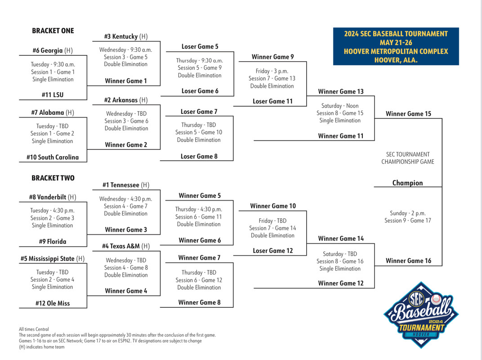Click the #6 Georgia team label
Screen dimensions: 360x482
click(x=53, y=50)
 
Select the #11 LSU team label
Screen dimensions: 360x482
click(x=53, y=95)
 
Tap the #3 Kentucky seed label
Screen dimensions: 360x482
click(x=126, y=36)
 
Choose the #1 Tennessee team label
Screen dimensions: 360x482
click(x=126, y=185)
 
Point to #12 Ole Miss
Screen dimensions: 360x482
click(x=53, y=303)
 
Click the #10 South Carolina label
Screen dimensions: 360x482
click(x=53, y=157)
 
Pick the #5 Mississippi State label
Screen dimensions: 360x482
click(x=53, y=259)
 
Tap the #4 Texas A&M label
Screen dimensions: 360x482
click(x=126, y=246)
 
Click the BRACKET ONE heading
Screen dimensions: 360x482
click(x=53, y=31)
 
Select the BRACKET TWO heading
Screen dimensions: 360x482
click(x=53, y=178)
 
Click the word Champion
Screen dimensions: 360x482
click(x=408, y=183)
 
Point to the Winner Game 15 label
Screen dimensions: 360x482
click(x=408, y=114)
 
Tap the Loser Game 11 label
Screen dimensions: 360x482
click(x=272, y=101)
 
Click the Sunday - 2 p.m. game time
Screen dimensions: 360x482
click(x=408, y=213)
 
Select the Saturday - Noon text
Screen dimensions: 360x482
click(x=340, y=106)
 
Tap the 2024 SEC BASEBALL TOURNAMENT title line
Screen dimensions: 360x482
click(x=396, y=34)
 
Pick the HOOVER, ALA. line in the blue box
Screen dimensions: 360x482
click(x=396, y=60)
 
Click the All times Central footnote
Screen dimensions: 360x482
click(x=34, y=329)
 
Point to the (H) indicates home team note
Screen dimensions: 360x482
click(x=42, y=347)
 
